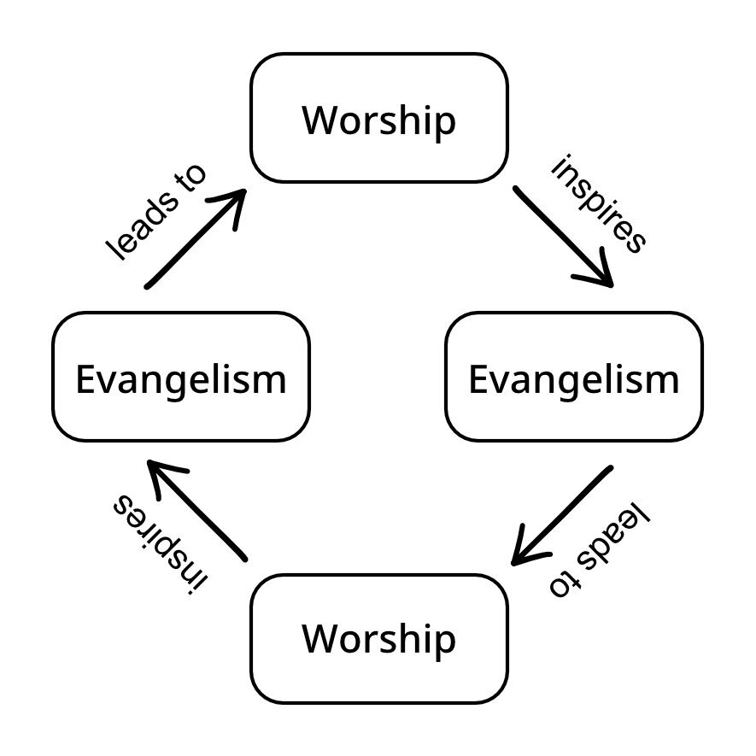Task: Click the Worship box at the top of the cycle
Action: pos(378,118)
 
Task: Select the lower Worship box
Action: pos(378,638)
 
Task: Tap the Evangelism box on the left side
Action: pos(181,377)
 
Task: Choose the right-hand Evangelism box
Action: pos(574,377)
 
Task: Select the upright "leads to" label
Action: pos(157,212)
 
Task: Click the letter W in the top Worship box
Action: pos(319,120)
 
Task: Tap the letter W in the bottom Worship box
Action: pos(319,640)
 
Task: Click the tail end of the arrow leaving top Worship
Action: pos(516,189)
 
